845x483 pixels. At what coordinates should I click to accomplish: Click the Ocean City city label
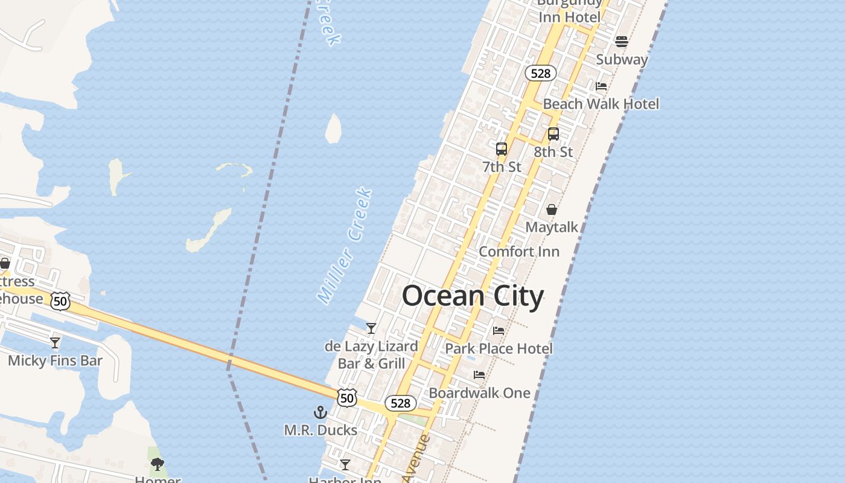(473, 296)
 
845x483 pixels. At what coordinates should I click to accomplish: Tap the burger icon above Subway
(622, 42)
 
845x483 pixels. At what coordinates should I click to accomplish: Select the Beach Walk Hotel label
(601, 104)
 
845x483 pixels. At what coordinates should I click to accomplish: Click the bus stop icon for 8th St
(553, 134)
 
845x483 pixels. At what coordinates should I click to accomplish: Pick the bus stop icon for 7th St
(502, 149)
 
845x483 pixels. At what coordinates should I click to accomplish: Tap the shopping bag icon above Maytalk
(552, 210)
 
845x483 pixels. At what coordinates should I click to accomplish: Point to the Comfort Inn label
(519, 251)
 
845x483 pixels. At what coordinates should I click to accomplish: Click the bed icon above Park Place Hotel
(499, 331)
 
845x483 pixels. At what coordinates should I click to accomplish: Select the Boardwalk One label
(479, 393)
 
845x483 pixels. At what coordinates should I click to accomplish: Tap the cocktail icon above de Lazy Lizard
(371, 328)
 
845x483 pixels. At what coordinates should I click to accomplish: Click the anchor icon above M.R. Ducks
(320, 412)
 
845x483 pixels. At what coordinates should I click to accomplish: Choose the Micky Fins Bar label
(55, 361)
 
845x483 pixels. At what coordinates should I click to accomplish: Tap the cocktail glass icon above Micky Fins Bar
(55, 343)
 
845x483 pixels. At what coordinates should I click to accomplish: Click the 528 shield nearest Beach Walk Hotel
(540, 74)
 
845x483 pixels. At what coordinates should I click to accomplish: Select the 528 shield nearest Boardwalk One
(401, 403)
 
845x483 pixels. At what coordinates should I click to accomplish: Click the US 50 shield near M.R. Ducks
(347, 397)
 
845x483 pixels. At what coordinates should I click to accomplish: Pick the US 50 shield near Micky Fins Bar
(60, 301)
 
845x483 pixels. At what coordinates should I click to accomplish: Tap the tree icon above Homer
(158, 464)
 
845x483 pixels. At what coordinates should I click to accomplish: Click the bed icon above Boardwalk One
(479, 375)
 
